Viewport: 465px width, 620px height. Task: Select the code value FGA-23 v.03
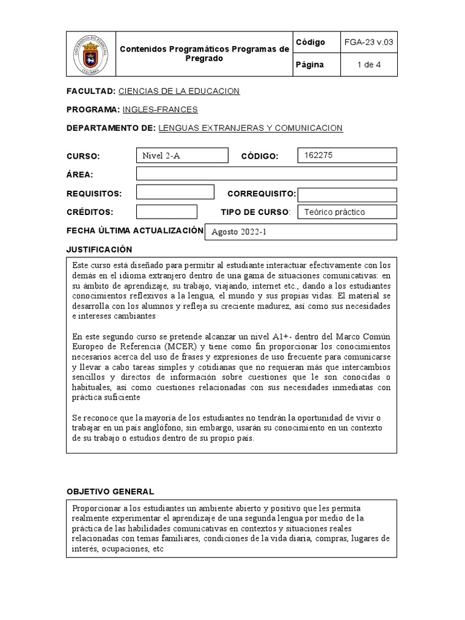coord(369,42)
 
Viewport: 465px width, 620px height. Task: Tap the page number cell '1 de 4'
coord(369,65)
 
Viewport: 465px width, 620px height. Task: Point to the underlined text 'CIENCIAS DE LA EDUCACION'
coord(179,91)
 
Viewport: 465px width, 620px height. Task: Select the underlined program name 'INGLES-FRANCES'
coord(160,110)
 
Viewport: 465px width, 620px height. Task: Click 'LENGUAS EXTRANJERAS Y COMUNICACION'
coord(251,128)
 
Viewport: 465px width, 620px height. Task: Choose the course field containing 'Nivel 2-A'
coord(182,156)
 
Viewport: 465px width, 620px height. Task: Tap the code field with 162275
coord(347,155)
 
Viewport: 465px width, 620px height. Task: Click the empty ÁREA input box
coord(266,174)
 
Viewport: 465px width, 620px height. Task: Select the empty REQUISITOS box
coord(175,193)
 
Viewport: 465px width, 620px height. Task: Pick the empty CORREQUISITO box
coord(347,194)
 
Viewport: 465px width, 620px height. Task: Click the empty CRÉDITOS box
coord(167,212)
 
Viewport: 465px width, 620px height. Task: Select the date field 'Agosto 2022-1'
coord(301,232)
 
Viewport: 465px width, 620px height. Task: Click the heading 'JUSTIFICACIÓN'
coord(99,249)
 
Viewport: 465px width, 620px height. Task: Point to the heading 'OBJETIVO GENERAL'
coord(110,491)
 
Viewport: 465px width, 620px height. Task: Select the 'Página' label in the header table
coord(310,65)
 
